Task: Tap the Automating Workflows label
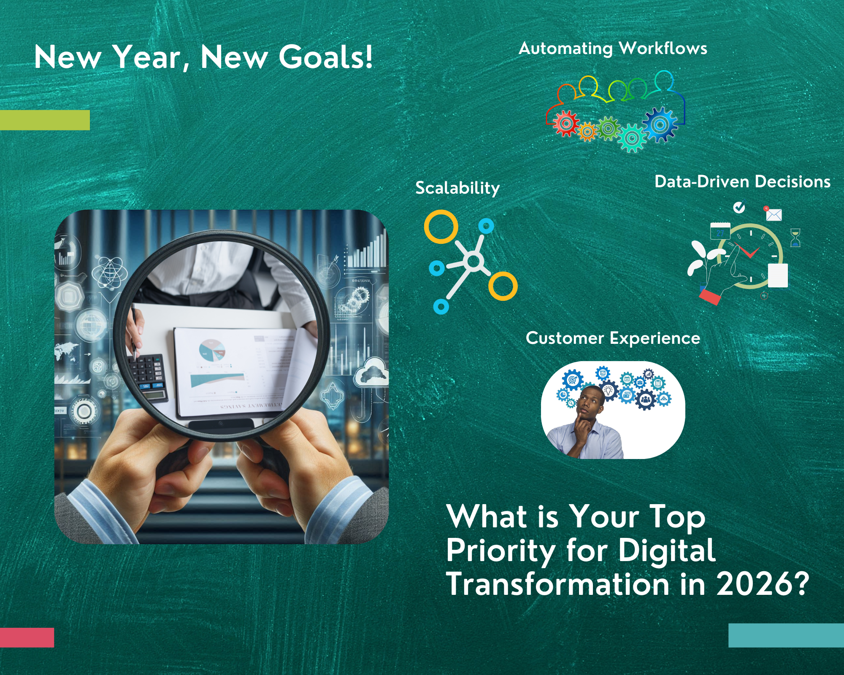pos(613,49)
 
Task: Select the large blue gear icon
pos(660,124)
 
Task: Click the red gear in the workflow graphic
pos(566,124)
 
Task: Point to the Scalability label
pos(457,188)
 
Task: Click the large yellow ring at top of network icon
pos(441,227)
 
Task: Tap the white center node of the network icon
pos(473,262)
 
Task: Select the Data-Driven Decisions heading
pos(742,182)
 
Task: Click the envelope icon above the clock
pos(774,215)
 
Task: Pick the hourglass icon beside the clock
pos(795,238)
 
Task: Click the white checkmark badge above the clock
pos(739,207)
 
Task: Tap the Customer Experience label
pos(613,338)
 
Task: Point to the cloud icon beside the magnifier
pos(371,372)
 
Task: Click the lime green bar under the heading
pos(45,120)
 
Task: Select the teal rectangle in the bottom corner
pos(786,635)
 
